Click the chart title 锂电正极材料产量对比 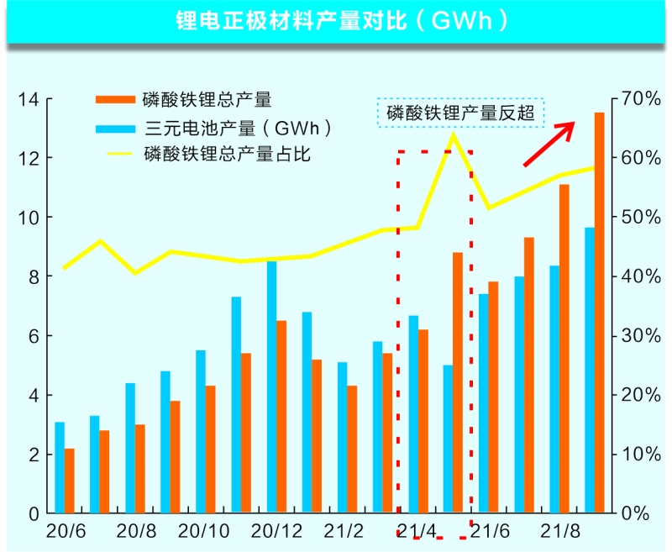tap(336, 20)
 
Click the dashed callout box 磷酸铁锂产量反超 tap(459, 113)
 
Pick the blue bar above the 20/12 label tap(272, 386)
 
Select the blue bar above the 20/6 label tap(60, 467)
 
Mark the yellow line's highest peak tap(453, 134)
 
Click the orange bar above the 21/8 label tap(564, 349)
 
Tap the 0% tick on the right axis tap(638, 513)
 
